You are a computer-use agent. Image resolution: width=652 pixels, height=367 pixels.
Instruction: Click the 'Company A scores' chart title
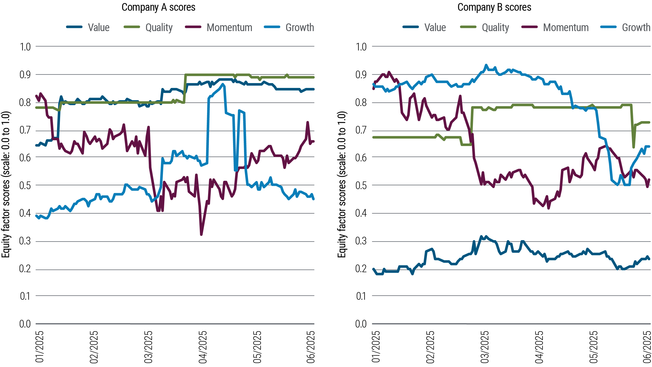(x=158, y=7)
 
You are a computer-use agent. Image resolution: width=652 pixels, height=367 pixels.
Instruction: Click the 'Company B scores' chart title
(x=494, y=7)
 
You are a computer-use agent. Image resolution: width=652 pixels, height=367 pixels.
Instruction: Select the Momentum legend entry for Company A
(x=229, y=28)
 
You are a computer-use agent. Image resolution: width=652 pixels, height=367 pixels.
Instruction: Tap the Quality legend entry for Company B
(x=495, y=28)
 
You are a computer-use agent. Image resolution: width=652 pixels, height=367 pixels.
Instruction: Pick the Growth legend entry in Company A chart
(x=300, y=28)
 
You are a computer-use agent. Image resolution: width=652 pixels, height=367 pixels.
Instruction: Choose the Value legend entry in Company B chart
(x=435, y=28)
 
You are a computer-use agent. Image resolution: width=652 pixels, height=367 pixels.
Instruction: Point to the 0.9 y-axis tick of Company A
(x=25, y=75)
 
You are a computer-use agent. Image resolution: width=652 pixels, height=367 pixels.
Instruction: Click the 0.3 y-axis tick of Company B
(x=361, y=241)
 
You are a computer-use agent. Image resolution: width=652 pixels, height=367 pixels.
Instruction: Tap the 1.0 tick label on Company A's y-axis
(x=25, y=47)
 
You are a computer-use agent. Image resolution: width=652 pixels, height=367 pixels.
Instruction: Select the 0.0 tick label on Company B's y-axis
(x=361, y=324)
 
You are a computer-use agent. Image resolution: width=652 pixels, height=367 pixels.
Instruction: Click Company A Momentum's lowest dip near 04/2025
(x=201, y=234)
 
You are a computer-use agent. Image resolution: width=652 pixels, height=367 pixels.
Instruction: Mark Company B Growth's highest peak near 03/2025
(x=486, y=65)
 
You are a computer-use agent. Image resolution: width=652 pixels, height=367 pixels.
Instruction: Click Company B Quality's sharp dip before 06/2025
(x=633, y=147)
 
